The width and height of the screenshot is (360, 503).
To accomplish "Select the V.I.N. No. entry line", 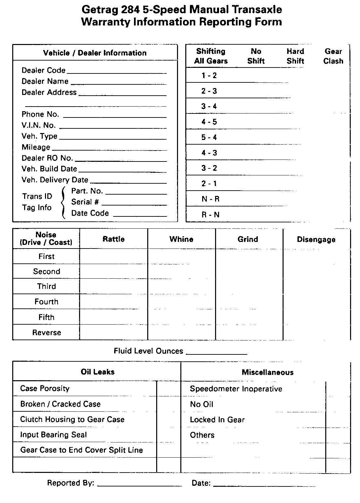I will tap(113, 127).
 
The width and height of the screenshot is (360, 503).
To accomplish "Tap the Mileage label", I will tap(36, 147).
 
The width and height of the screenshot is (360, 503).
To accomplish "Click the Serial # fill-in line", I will tap(134, 205).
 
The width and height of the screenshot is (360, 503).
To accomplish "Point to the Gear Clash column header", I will tap(333, 56).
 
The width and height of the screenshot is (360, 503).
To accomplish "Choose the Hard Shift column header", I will tap(295, 56).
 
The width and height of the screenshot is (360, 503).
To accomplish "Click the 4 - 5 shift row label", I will tap(209, 122).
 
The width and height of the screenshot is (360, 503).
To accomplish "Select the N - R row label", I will tap(210, 199).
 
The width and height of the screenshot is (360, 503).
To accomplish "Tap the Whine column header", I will tap(181, 239).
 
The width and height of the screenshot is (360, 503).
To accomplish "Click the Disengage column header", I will tap(316, 240).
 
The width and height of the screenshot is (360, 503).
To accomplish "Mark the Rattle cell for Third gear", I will tap(113, 286).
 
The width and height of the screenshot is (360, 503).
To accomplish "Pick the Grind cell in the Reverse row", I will tap(249, 332).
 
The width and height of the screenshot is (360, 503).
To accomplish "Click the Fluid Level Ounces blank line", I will tap(217, 353).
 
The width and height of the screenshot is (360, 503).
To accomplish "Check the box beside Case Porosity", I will tap(168, 389).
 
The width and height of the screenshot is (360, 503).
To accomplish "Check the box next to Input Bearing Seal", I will tap(168, 434).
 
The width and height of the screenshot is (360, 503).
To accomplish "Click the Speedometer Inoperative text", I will tap(236, 389).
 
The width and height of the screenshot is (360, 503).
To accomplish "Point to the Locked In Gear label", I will tap(217, 420).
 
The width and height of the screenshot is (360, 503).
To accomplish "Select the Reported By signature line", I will tap(139, 485).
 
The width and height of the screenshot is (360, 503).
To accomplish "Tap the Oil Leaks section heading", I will tap(98, 372).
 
